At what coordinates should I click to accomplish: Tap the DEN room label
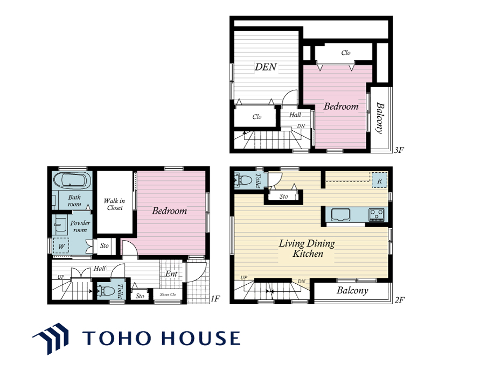(x=266, y=67)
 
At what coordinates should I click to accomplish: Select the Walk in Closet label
(x=115, y=204)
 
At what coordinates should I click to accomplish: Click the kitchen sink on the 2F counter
(x=340, y=214)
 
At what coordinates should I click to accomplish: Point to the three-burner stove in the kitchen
(x=377, y=214)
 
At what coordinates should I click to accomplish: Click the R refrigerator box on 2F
(x=380, y=180)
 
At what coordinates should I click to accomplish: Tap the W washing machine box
(x=61, y=245)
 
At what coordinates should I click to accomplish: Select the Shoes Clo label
(x=168, y=294)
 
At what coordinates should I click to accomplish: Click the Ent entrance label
(x=171, y=273)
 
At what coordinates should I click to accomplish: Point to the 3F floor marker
(x=399, y=150)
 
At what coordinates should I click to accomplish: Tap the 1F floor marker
(x=215, y=299)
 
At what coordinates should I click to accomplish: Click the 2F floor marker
(x=399, y=300)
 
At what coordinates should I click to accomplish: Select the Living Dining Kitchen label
(x=307, y=248)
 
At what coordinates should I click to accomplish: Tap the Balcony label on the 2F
(x=352, y=291)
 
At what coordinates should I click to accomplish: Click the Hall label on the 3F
(x=295, y=115)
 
